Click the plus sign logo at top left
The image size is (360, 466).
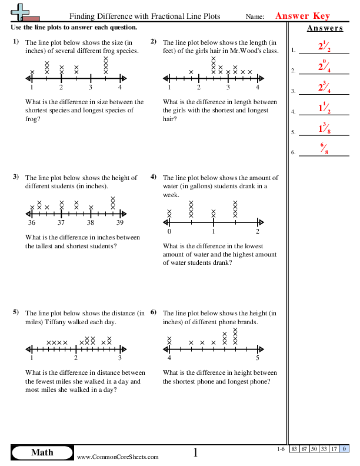[22, 12]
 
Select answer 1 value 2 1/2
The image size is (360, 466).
[322, 48]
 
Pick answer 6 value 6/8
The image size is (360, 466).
[322, 149]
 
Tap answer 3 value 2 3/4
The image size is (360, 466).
[322, 88]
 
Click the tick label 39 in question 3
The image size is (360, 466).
[119, 223]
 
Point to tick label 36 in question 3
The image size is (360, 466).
[31, 223]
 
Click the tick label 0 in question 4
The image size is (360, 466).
[169, 232]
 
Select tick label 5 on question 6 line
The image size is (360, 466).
[258, 358]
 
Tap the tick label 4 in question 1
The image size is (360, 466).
[119, 88]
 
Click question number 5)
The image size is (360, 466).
[16, 312]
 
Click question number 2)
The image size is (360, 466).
[154, 41]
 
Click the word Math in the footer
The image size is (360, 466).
[42, 452]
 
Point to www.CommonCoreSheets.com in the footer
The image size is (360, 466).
[118, 457]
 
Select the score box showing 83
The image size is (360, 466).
[294, 449]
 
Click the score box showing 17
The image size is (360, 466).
[334, 449]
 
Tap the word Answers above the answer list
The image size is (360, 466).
[324, 28]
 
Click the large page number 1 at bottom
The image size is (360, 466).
[196, 452]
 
